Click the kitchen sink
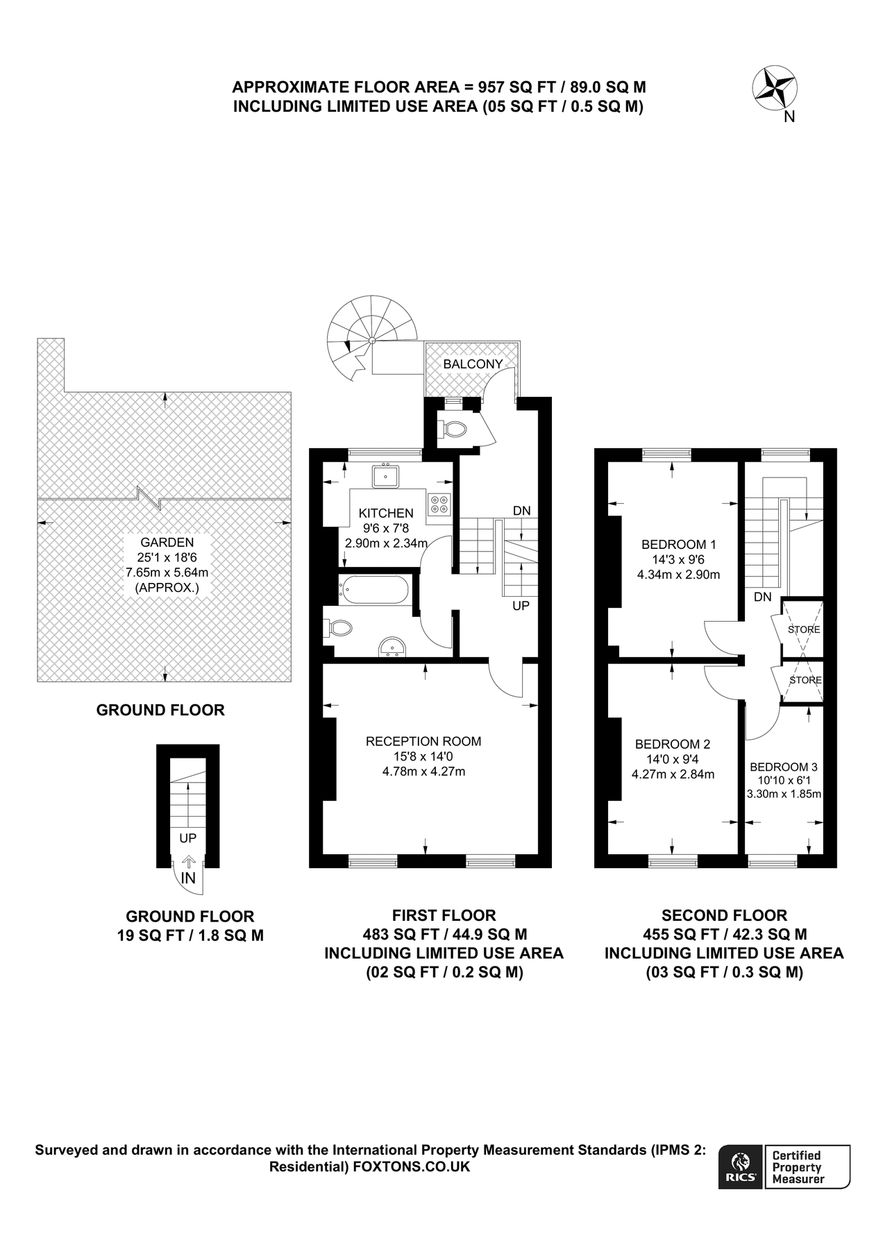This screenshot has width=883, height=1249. pyautogui.click(x=385, y=476)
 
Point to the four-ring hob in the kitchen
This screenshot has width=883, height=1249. pyautogui.click(x=439, y=503)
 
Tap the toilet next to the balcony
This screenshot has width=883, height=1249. pyautogui.click(x=453, y=429)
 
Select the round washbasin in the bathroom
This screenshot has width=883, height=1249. pyautogui.click(x=394, y=647)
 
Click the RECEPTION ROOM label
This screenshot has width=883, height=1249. pyautogui.click(x=423, y=741)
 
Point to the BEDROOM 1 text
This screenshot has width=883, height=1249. pyautogui.click(x=678, y=544)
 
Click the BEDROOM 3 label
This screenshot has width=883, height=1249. pyautogui.click(x=784, y=767)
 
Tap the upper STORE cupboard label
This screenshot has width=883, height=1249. pyautogui.click(x=804, y=629)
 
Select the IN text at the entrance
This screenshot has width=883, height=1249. pyautogui.click(x=188, y=878)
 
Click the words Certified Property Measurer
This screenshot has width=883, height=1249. pyautogui.click(x=799, y=1166)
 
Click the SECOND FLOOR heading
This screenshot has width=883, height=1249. pyautogui.click(x=724, y=915)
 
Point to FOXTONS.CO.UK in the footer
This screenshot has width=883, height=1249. pyautogui.click(x=412, y=1166)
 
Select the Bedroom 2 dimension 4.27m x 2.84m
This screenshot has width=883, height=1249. pyautogui.click(x=673, y=774)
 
